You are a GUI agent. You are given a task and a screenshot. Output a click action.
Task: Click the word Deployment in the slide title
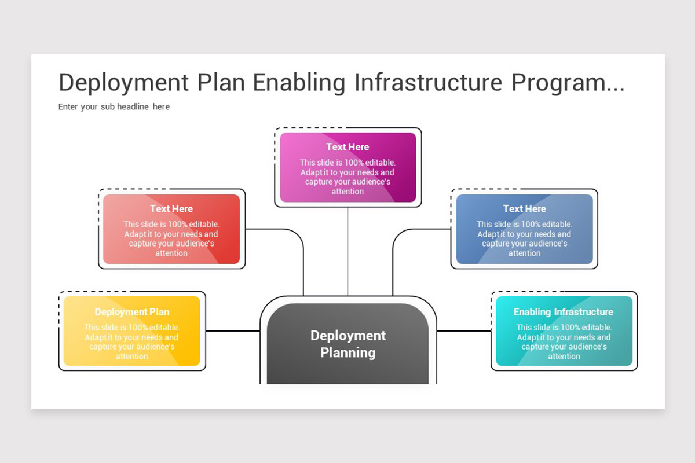tap(123, 83)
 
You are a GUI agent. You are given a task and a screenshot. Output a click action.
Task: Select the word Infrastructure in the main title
tap(428, 83)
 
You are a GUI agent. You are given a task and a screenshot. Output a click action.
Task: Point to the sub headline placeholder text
tap(114, 106)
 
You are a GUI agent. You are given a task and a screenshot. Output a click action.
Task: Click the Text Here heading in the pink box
tap(348, 147)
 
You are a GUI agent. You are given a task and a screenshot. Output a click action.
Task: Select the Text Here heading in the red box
tap(171, 208)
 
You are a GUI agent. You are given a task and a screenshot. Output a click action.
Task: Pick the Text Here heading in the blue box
tap(524, 208)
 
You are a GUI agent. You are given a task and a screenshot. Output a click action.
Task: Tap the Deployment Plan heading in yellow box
tap(132, 312)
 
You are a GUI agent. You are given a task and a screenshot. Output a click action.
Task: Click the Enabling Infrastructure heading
tap(564, 312)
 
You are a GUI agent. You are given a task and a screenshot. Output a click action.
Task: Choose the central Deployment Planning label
tap(348, 344)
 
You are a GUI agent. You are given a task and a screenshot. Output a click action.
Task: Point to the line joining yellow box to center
tap(233, 331)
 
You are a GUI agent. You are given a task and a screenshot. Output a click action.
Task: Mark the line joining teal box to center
tap(463, 331)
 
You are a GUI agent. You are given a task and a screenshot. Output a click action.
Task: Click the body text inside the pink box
tap(348, 177)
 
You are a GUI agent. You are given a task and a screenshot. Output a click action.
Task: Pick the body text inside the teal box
tap(564, 342)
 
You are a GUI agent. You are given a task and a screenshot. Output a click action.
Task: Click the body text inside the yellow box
tap(132, 342)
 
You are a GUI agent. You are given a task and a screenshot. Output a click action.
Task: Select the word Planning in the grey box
tap(348, 352)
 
